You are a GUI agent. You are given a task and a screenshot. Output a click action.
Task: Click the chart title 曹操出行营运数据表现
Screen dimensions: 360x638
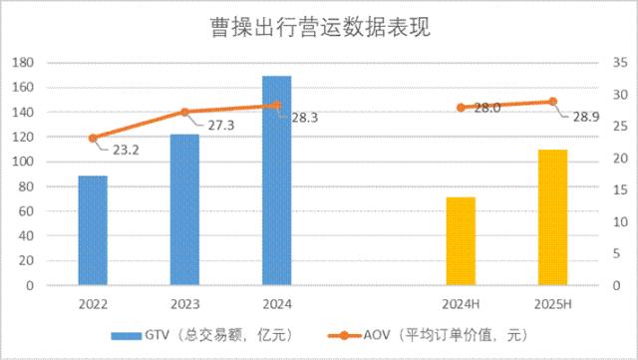[x=319, y=27]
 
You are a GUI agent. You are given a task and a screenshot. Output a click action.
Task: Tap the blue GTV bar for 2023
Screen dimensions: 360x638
[x=184, y=209]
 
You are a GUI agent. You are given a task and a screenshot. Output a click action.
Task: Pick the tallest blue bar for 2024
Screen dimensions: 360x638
[x=276, y=180]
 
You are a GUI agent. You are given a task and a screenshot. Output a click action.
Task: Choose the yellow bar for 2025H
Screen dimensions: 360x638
[x=552, y=217]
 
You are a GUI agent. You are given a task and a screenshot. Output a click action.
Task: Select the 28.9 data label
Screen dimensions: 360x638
[x=584, y=118]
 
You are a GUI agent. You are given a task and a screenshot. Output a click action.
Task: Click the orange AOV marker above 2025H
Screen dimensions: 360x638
[x=552, y=102]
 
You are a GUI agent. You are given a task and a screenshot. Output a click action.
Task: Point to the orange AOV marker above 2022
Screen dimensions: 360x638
[x=93, y=139]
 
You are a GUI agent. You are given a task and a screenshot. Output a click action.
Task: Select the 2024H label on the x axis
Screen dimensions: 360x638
[x=461, y=303]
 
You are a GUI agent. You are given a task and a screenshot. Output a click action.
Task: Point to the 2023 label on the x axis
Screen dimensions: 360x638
[x=184, y=303]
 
